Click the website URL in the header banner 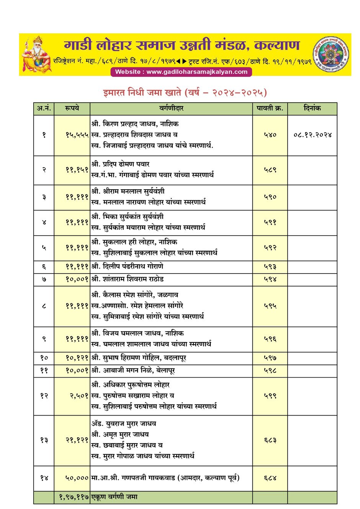pyautogui.click(x=181, y=72)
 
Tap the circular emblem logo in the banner pyautogui.click(x=331, y=54)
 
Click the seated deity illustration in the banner pyautogui.click(x=36, y=54)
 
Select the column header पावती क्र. pyautogui.click(x=270, y=108)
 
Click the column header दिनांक pyautogui.click(x=312, y=108)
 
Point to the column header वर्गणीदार pyautogui.click(x=171, y=108)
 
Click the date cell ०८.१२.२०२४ pyautogui.click(x=313, y=135)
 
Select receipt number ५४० pyautogui.click(x=270, y=135)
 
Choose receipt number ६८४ pyautogui.click(x=270, y=478)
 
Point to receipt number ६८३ pyautogui.click(x=270, y=440)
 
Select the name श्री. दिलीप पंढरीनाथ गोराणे pyautogui.click(x=128, y=267)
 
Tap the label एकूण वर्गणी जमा pyautogui.click(x=115, y=497)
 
